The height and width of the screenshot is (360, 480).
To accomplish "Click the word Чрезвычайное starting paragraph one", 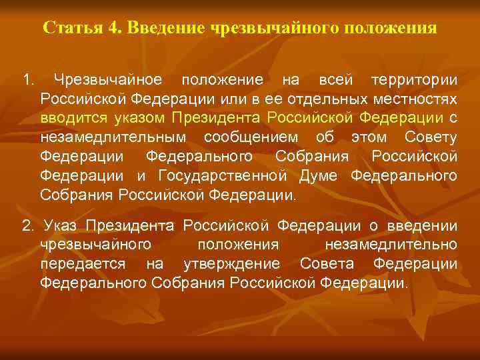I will coord(107,81).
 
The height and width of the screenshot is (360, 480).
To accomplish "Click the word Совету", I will coord(431,138).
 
